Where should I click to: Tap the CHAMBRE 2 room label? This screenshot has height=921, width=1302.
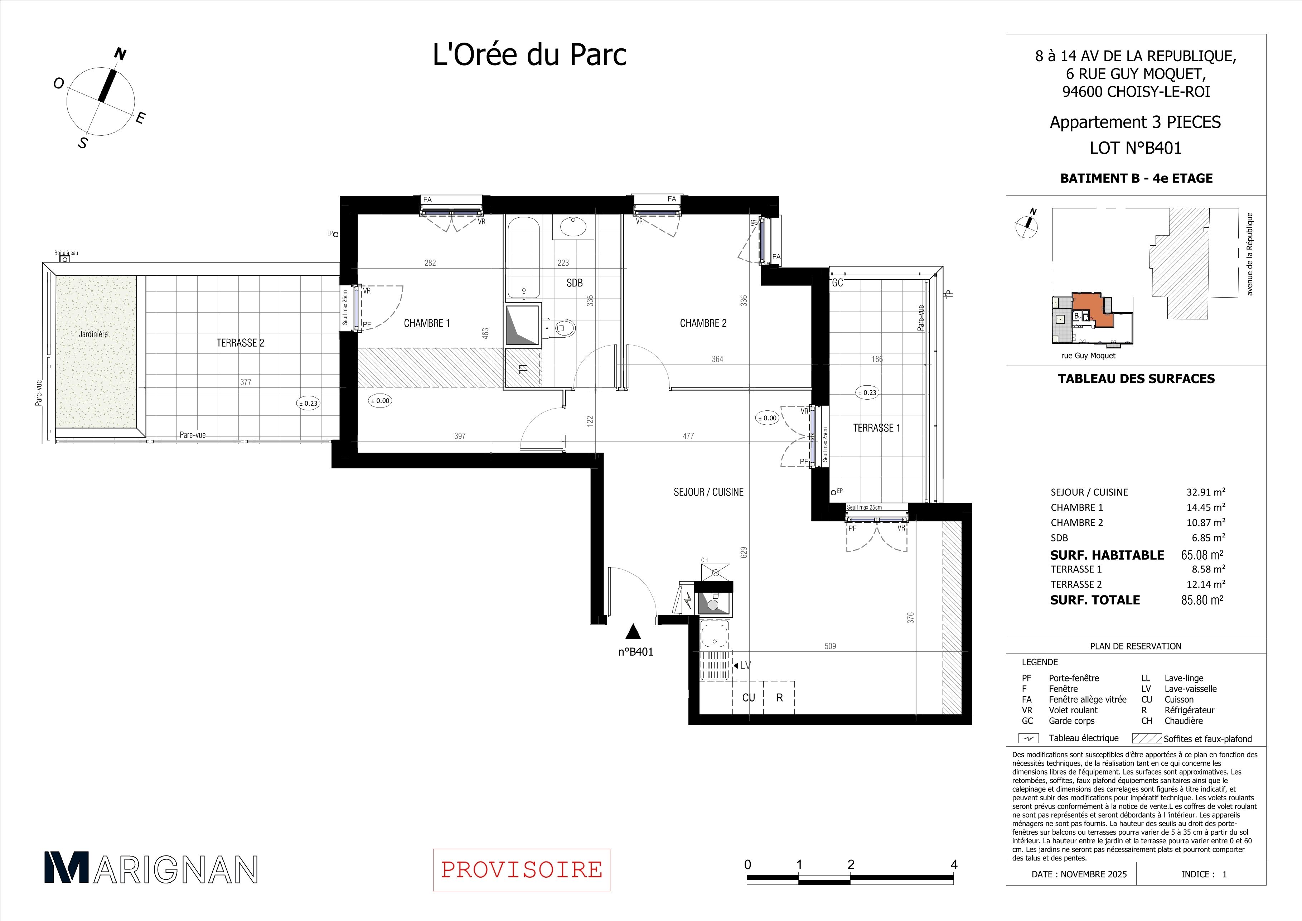coord(703,323)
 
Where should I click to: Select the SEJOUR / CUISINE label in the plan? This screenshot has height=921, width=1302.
coord(708,492)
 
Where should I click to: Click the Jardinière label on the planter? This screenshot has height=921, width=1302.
coord(93,334)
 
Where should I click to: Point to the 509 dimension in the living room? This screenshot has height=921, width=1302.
coord(830,646)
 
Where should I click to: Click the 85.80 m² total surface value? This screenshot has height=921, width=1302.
coord(1202,600)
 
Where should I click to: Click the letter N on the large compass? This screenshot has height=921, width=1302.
coord(120,54)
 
